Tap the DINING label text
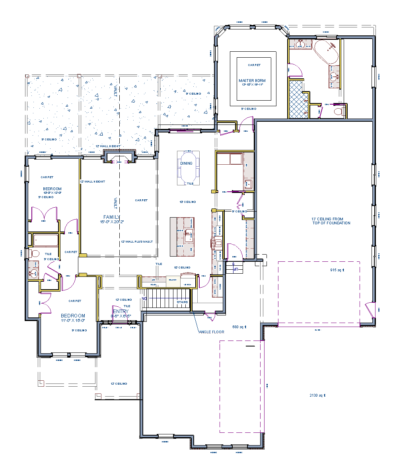[x=186, y=163]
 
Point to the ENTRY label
[x=121, y=311]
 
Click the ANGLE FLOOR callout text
[x=211, y=332]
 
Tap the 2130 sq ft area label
[x=317, y=395]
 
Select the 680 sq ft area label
[x=239, y=327]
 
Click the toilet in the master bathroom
[x=339, y=111]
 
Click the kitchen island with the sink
[x=183, y=237]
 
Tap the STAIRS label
[x=182, y=302]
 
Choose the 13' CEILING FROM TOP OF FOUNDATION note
[x=331, y=221]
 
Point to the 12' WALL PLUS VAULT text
[x=136, y=241]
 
